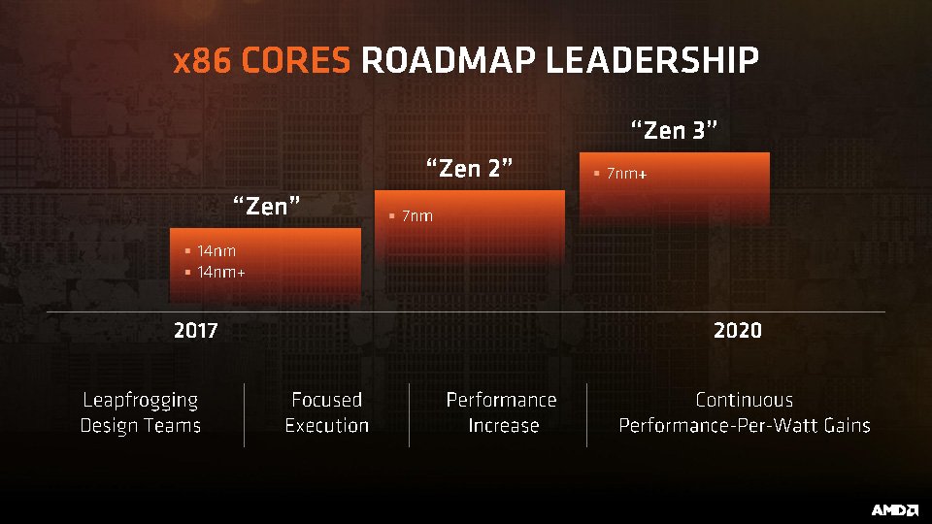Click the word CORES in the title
(x=295, y=61)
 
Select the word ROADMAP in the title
(x=448, y=61)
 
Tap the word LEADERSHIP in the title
(x=651, y=61)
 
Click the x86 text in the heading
(x=203, y=61)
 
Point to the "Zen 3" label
(x=674, y=130)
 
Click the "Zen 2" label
(x=469, y=168)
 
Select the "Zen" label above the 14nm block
(x=264, y=205)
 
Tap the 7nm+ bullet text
(x=626, y=175)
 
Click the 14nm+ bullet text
(x=220, y=272)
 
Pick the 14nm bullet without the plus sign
(x=216, y=250)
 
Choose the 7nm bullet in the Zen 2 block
(x=416, y=215)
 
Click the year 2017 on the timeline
(x=195, y=331)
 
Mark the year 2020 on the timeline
(x=737, y=331)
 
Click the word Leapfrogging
(x=140, y=400)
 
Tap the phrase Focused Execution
(x=327, y=412)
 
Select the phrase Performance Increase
(x=501, y=412)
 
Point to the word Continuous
(x=744, y=400)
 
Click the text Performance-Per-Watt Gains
(x=744, y=425)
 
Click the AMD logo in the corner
(x=894, y=510)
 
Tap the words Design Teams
(x=140, y=425)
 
